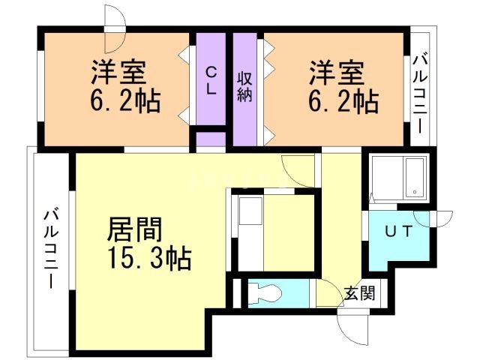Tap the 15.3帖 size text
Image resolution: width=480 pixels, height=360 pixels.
(150, 258)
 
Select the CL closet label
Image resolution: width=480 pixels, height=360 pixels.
(211, 81)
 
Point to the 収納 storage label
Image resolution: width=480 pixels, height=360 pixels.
(244, 87)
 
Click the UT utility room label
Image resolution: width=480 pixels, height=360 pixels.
(398, 231)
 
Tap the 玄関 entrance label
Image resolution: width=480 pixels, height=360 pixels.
(359, 293)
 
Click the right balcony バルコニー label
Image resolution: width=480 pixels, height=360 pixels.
(420, 93)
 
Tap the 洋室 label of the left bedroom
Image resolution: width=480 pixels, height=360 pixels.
(118, 72)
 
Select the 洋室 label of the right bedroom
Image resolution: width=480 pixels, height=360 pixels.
(337, 73)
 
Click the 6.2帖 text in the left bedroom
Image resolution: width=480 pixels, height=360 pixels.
(125, 100)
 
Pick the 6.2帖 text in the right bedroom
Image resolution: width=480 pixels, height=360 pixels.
(343, 101)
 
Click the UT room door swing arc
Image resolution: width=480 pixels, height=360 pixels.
(433, 218)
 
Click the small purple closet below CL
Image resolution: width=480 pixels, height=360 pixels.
(211, 139)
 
